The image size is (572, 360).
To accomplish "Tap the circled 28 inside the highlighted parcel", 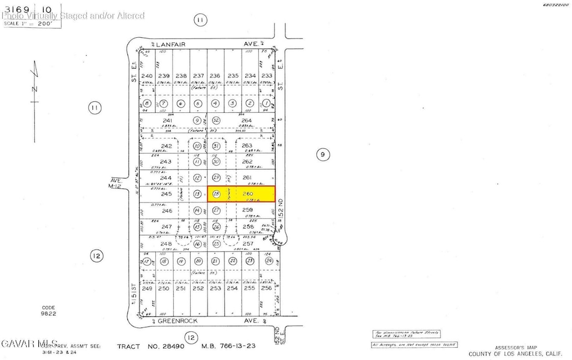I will [216, 193].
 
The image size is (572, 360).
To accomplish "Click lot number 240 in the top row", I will [146, 76].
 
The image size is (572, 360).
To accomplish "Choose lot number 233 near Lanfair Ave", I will [267, 76].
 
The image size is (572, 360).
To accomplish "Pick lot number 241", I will [168, 121].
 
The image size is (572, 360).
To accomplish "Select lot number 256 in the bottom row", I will [267, 288].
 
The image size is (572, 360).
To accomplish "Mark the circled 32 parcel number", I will [216, 120].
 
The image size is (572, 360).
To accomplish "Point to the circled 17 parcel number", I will [146, 262].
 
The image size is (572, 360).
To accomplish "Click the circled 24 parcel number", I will [269, 262].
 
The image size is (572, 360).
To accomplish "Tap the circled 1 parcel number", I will [267, 104].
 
